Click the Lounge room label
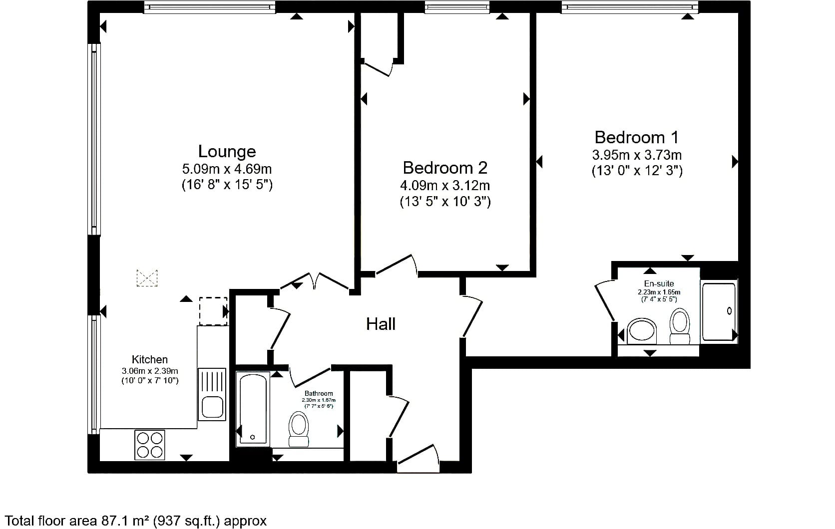point(227,151)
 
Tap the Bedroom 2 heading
point(445,168)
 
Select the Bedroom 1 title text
point(637,137)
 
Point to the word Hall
point(381,324)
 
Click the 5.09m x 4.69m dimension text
point(227,169)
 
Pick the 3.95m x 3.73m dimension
point(637,155)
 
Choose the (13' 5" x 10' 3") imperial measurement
point(445,202)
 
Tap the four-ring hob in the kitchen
point(150,445)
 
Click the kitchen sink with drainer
point(212,394)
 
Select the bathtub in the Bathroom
point(253,409)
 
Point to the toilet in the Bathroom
point(299,429)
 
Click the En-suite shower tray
point(719,311)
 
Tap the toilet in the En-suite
point(680,326)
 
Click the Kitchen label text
point(150,359)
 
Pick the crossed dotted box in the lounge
point(147,278)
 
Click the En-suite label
point(659,283)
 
